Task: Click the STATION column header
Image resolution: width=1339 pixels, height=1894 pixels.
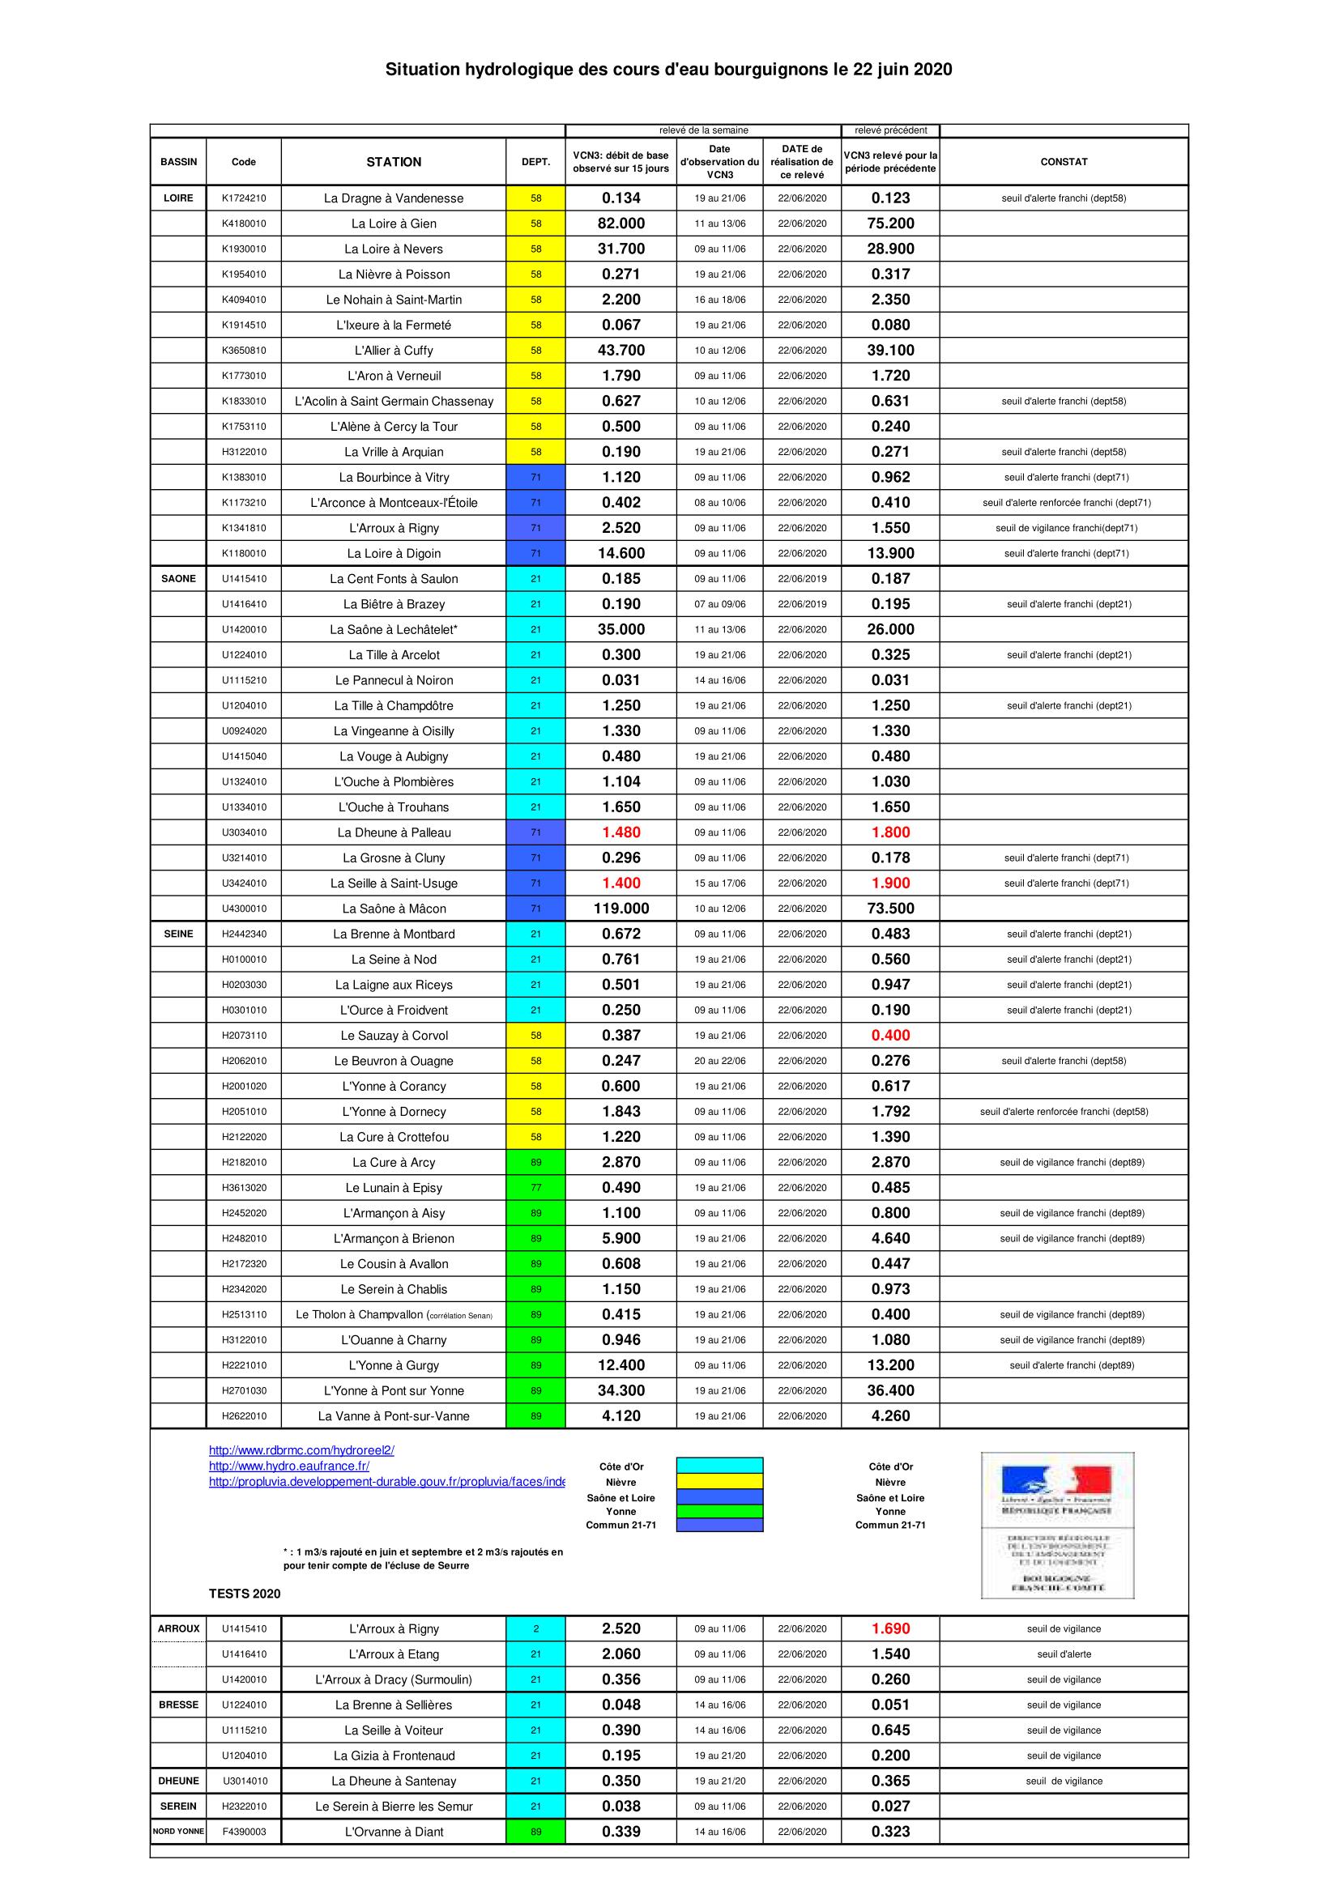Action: tap(394, 162)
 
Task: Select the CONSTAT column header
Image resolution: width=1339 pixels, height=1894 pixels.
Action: tap(1064, 162)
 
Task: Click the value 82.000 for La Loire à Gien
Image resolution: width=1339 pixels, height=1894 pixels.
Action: tap(620, 223)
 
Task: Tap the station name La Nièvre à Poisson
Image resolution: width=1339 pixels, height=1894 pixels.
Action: tap(394, 275)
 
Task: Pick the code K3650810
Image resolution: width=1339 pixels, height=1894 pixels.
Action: tap(243, 351)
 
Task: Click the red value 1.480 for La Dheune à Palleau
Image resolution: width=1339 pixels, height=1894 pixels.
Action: tap(620, 832)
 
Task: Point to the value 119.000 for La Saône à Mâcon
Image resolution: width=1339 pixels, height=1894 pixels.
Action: tap(620, 909)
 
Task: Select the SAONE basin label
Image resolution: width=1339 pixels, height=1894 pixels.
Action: tap(178, 579)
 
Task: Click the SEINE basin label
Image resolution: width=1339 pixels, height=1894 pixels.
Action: tap(178, 934)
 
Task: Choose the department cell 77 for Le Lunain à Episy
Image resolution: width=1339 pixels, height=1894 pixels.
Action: tap(535, 1188)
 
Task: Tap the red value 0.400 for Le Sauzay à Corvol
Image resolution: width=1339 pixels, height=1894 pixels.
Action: tap(890, 1036)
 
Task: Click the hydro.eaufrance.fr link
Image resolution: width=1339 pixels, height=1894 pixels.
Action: tap(288, 1466)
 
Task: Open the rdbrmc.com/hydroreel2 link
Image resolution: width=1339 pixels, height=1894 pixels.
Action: tap(301, 1450)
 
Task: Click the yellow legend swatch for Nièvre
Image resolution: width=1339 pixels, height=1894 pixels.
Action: tap(719, 1482)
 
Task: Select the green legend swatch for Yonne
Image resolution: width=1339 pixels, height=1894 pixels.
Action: tap(719, 1511)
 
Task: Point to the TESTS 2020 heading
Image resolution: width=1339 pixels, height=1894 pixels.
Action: tap(244, 1594)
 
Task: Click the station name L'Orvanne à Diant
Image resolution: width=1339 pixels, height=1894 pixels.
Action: tap(394, 1832)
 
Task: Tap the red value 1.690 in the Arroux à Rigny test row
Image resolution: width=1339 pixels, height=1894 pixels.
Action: tap(890, 1629)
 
